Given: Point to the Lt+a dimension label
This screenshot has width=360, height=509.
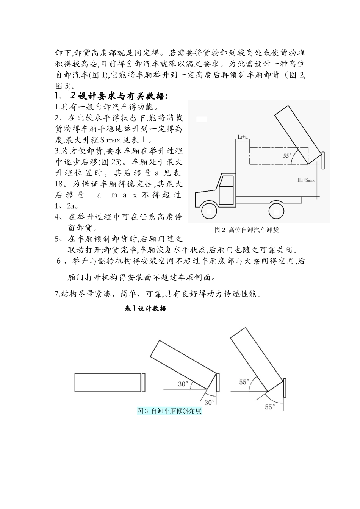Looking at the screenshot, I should [243, 137].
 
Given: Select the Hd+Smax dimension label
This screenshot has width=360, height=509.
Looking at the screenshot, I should [306, 180].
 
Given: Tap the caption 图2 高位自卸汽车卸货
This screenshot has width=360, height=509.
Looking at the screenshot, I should [247, 230].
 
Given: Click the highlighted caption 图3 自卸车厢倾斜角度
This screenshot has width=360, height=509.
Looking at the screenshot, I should [169, 411].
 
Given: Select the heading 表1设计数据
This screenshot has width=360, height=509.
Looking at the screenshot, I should [146, 308].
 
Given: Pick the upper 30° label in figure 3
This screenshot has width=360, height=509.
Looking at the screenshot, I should [183, 384].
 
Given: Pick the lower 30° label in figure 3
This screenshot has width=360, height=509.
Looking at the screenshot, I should [210, 402].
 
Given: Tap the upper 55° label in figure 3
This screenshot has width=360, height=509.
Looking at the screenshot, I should [244, 382].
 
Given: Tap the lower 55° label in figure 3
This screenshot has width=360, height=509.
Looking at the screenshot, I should [269, 407].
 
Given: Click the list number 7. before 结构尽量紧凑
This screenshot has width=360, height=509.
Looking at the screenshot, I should [58, 294].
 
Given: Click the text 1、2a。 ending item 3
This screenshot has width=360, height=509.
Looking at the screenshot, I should [67, 206].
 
